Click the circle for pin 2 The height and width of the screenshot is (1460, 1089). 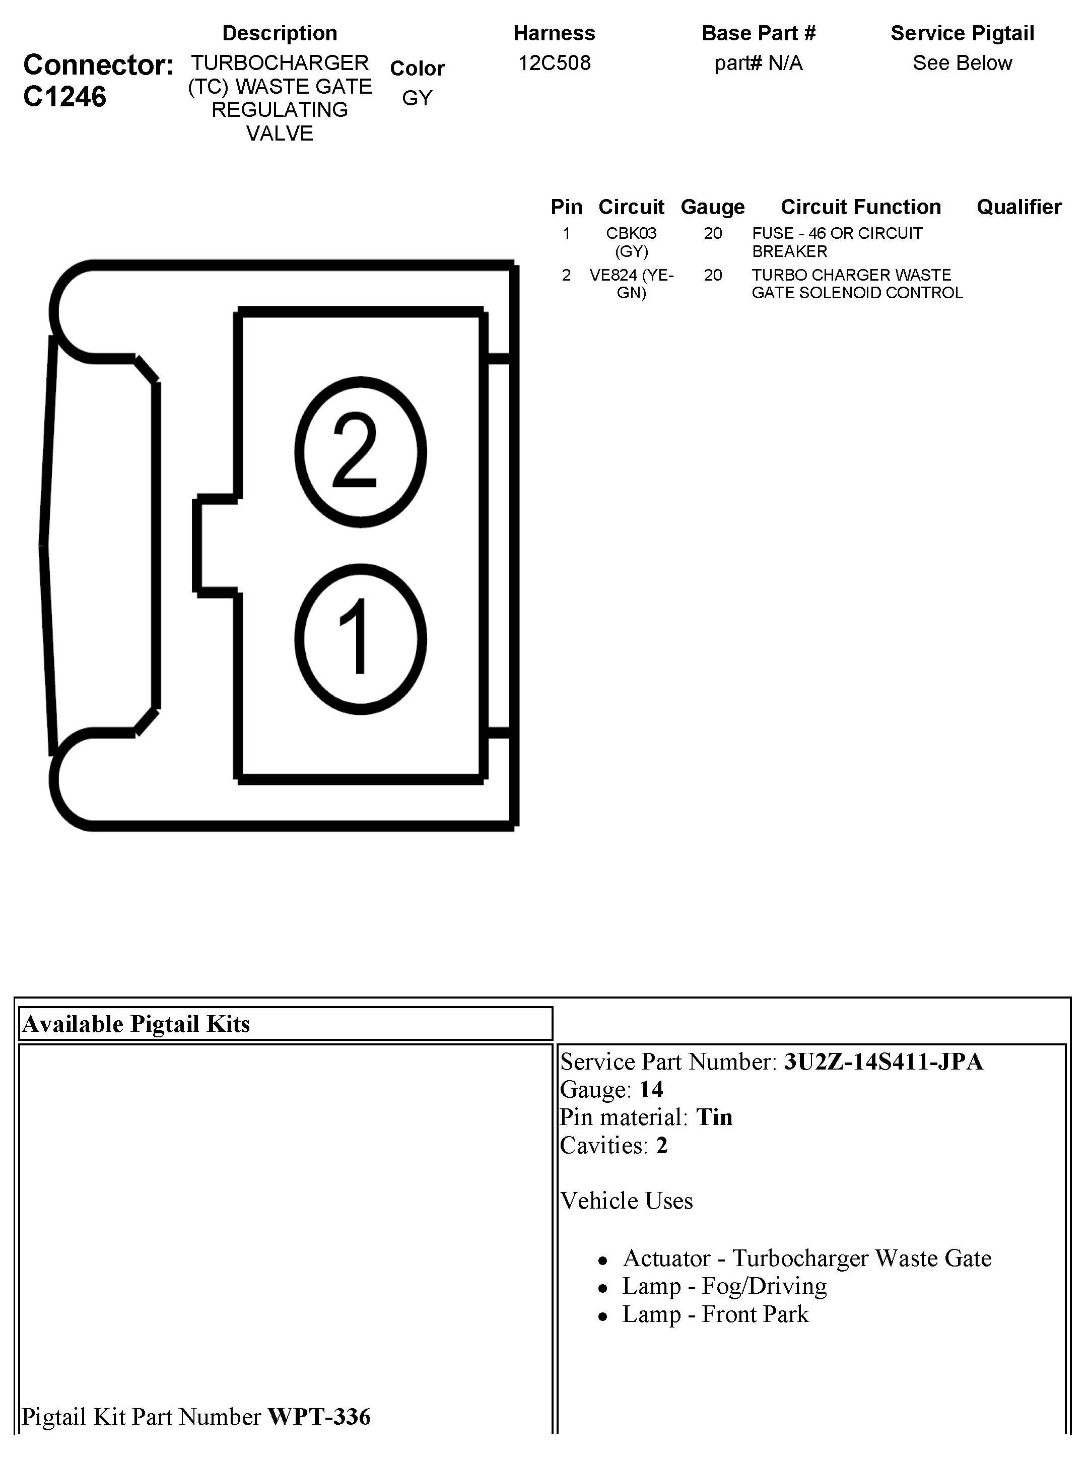tap(360, 452)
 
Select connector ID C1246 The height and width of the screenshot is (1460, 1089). tap(64, 97)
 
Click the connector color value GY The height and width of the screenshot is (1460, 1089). tap(417, 98)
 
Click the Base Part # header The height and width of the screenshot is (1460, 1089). tap(758, 33)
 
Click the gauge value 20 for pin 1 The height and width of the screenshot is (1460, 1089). tap(713, 233)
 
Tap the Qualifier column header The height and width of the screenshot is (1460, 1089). tap(1018, 207)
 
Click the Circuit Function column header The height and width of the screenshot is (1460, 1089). tap(860, 207)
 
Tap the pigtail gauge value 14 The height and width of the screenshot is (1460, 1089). tap(651, 1090)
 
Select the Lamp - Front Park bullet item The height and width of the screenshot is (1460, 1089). tap(715, 1314)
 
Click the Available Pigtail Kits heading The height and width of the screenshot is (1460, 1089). tap(137, 1024)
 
